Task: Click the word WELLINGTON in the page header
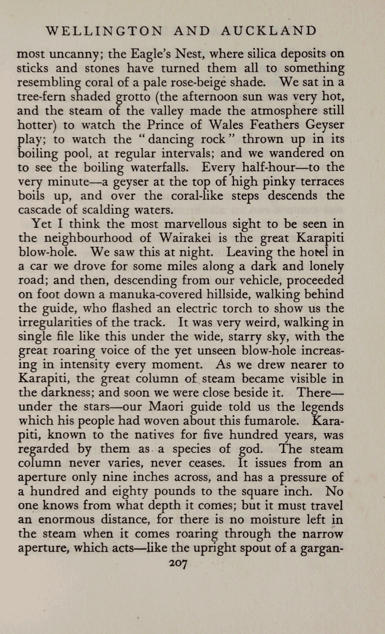tap(104, 31)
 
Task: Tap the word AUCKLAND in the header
tap(269, 31)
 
